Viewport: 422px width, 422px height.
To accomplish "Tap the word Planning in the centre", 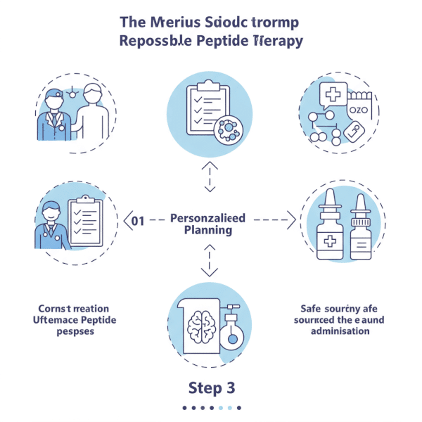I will point(207,230).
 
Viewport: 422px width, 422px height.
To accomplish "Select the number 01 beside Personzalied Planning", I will point(138,221).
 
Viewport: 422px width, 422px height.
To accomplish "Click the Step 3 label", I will point(211,388).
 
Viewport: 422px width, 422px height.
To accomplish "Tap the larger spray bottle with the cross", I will point(329,225).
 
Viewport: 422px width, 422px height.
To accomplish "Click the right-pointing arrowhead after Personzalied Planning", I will point(291,220).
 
